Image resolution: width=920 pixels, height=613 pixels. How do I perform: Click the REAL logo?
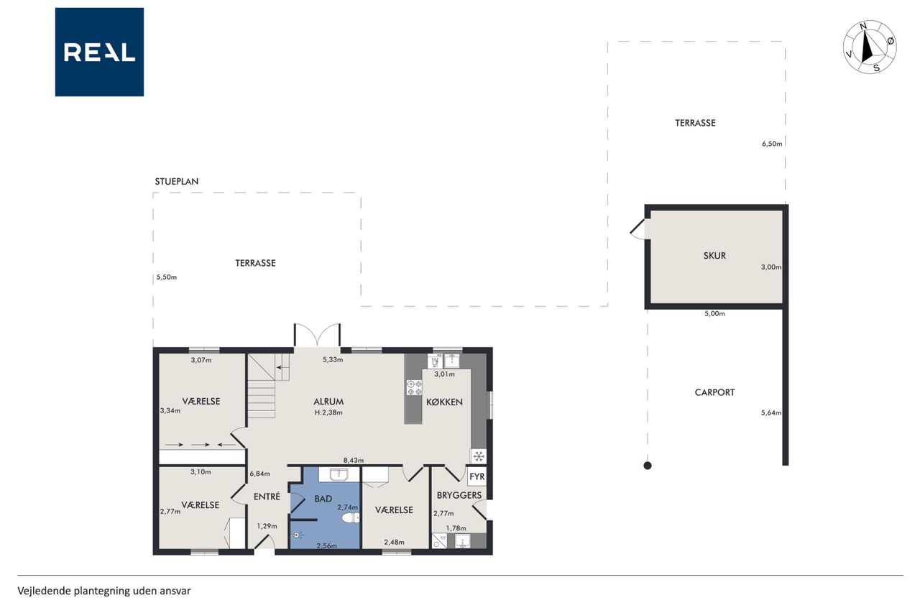[x=99, y=52]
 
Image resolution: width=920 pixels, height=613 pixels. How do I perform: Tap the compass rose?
[x=870, y=47]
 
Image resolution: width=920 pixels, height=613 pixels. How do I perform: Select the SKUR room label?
[x=714, y=255]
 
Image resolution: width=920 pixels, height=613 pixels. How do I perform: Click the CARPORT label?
[x=714, y=392]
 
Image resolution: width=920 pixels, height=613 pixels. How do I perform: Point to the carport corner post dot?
[x=648, y=466]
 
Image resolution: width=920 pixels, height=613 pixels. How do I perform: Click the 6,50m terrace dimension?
[x=772, y=144]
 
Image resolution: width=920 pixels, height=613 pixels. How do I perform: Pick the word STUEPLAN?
[x=177, y=182]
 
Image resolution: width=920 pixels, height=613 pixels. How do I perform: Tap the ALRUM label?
[x=328, y=402]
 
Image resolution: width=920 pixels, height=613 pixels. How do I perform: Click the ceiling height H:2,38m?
[x=328, y=412]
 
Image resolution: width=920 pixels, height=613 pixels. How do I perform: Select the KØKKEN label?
[x=444, y=402]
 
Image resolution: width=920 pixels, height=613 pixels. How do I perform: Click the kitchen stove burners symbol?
[x=414, y=387]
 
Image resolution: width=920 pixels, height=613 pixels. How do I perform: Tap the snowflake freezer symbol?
[x=478, y=456]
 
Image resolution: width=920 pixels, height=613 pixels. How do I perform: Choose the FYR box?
[x=477, y=476]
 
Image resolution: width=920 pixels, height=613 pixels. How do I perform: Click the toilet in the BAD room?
[x=350, y=517]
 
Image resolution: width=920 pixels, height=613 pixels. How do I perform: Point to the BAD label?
[x=323, y=499]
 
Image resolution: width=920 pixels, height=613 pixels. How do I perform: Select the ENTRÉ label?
[x=267, y=497]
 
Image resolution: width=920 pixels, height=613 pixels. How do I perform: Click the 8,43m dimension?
[x=354, y=461]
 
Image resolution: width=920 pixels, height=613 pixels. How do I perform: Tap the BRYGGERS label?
[x=459, y=496]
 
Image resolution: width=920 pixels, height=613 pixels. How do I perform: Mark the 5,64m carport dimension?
[x=771, y=412]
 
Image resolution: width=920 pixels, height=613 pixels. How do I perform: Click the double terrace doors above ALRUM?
[x=317, y=335]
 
